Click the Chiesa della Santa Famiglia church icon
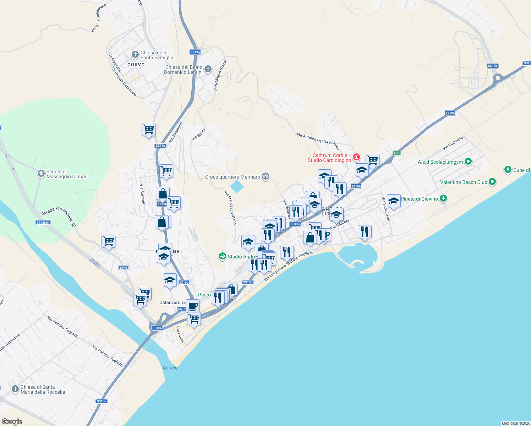(135, 55)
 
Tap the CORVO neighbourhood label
(136, 65)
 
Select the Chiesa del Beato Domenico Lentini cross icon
(208, 69)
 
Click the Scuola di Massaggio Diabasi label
(67, 174)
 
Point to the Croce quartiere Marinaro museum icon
(265, 176)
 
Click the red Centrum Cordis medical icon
(356, 157)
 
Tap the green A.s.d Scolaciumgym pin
(468, 162)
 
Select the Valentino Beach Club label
(464, 182)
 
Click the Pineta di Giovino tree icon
(443, 198)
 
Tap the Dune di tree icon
(508, 170)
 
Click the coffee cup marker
(193, 305)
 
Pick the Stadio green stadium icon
(223, 256)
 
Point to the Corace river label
(170, 368)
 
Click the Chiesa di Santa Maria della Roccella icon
(15, 389)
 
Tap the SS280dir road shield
(43, 223)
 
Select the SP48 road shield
(124, 267)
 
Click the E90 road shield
(396, 153)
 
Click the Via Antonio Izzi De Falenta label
(318, 141)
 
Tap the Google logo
(12, 422)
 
